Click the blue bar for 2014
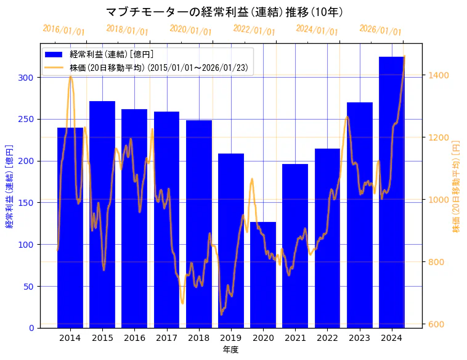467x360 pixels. (x=70, y=228)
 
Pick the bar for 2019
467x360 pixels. (x=231, y=240)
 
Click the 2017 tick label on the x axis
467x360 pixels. (x=166, y=338)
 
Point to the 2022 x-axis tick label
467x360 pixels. (x=327, y=338)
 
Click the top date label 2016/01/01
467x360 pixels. (x=63, y=30)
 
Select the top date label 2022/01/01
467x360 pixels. (x=254, y=30)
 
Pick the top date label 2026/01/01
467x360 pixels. (x=380, y=30)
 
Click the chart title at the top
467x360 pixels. (x=225, y=12)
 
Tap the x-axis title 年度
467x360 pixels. (x=230, y=350)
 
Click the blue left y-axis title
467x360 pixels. (x=9, y=186)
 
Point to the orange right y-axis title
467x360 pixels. (x=457, y=186)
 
